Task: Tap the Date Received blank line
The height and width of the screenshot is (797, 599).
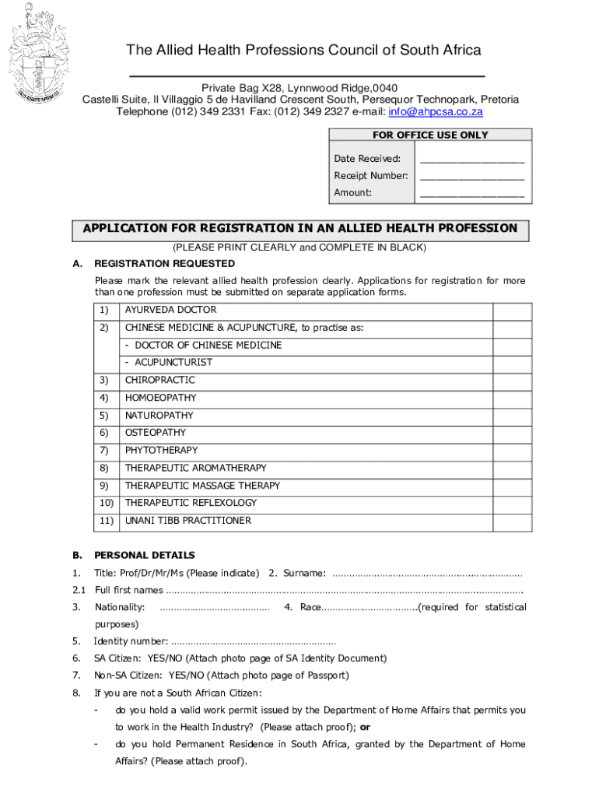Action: pos(471,159)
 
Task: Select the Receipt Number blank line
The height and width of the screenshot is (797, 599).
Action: pos(471,176)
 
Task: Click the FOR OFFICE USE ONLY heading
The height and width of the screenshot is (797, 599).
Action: pos(430,135)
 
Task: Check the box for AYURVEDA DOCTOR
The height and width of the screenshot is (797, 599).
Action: pos(513,310)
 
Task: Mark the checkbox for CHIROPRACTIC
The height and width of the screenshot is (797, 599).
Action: pos(513,381)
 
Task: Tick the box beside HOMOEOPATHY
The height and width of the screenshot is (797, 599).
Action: pos(513,398)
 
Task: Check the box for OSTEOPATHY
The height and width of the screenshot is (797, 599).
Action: pos(513,433)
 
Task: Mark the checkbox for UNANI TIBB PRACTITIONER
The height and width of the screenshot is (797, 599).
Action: pos(513,521)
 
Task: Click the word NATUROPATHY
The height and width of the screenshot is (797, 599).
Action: pos(159,416)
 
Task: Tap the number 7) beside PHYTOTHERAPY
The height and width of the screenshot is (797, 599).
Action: pos(104,451)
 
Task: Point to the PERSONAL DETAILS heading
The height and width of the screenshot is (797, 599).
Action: pos(145,556)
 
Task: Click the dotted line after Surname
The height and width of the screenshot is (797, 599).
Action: pos(427,574)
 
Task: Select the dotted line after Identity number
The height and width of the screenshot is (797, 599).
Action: pos(253,642)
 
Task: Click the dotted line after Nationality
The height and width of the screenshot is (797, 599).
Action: pos(214,608)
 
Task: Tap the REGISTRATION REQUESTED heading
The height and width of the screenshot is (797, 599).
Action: pos(164,264)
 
